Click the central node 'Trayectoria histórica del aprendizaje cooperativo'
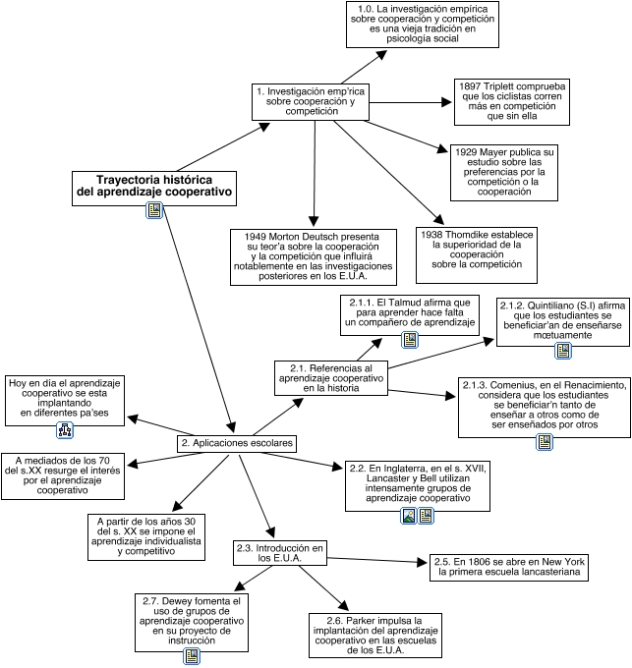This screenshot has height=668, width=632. pyautogui.click(x=155, y=187)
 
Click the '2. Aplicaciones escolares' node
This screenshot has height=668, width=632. pyautogui.click(x=237, y=444)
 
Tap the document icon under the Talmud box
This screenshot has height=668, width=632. pyautogui.click(x=410, y=341)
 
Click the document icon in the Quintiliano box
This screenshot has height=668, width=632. pyautogui.click(x=563, y=350)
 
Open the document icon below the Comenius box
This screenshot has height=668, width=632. pyautogui.click(x=545, y=443)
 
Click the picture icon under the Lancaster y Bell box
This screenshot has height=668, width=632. pyautogui.click(x=409, y=515)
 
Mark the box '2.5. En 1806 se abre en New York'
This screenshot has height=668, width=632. pyautogui.click(x=511, y=567)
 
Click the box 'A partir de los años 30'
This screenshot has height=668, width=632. pyautogui.click(x=146, y=534)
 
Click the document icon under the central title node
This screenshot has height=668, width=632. pyautogui.click(x=154, y=209)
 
